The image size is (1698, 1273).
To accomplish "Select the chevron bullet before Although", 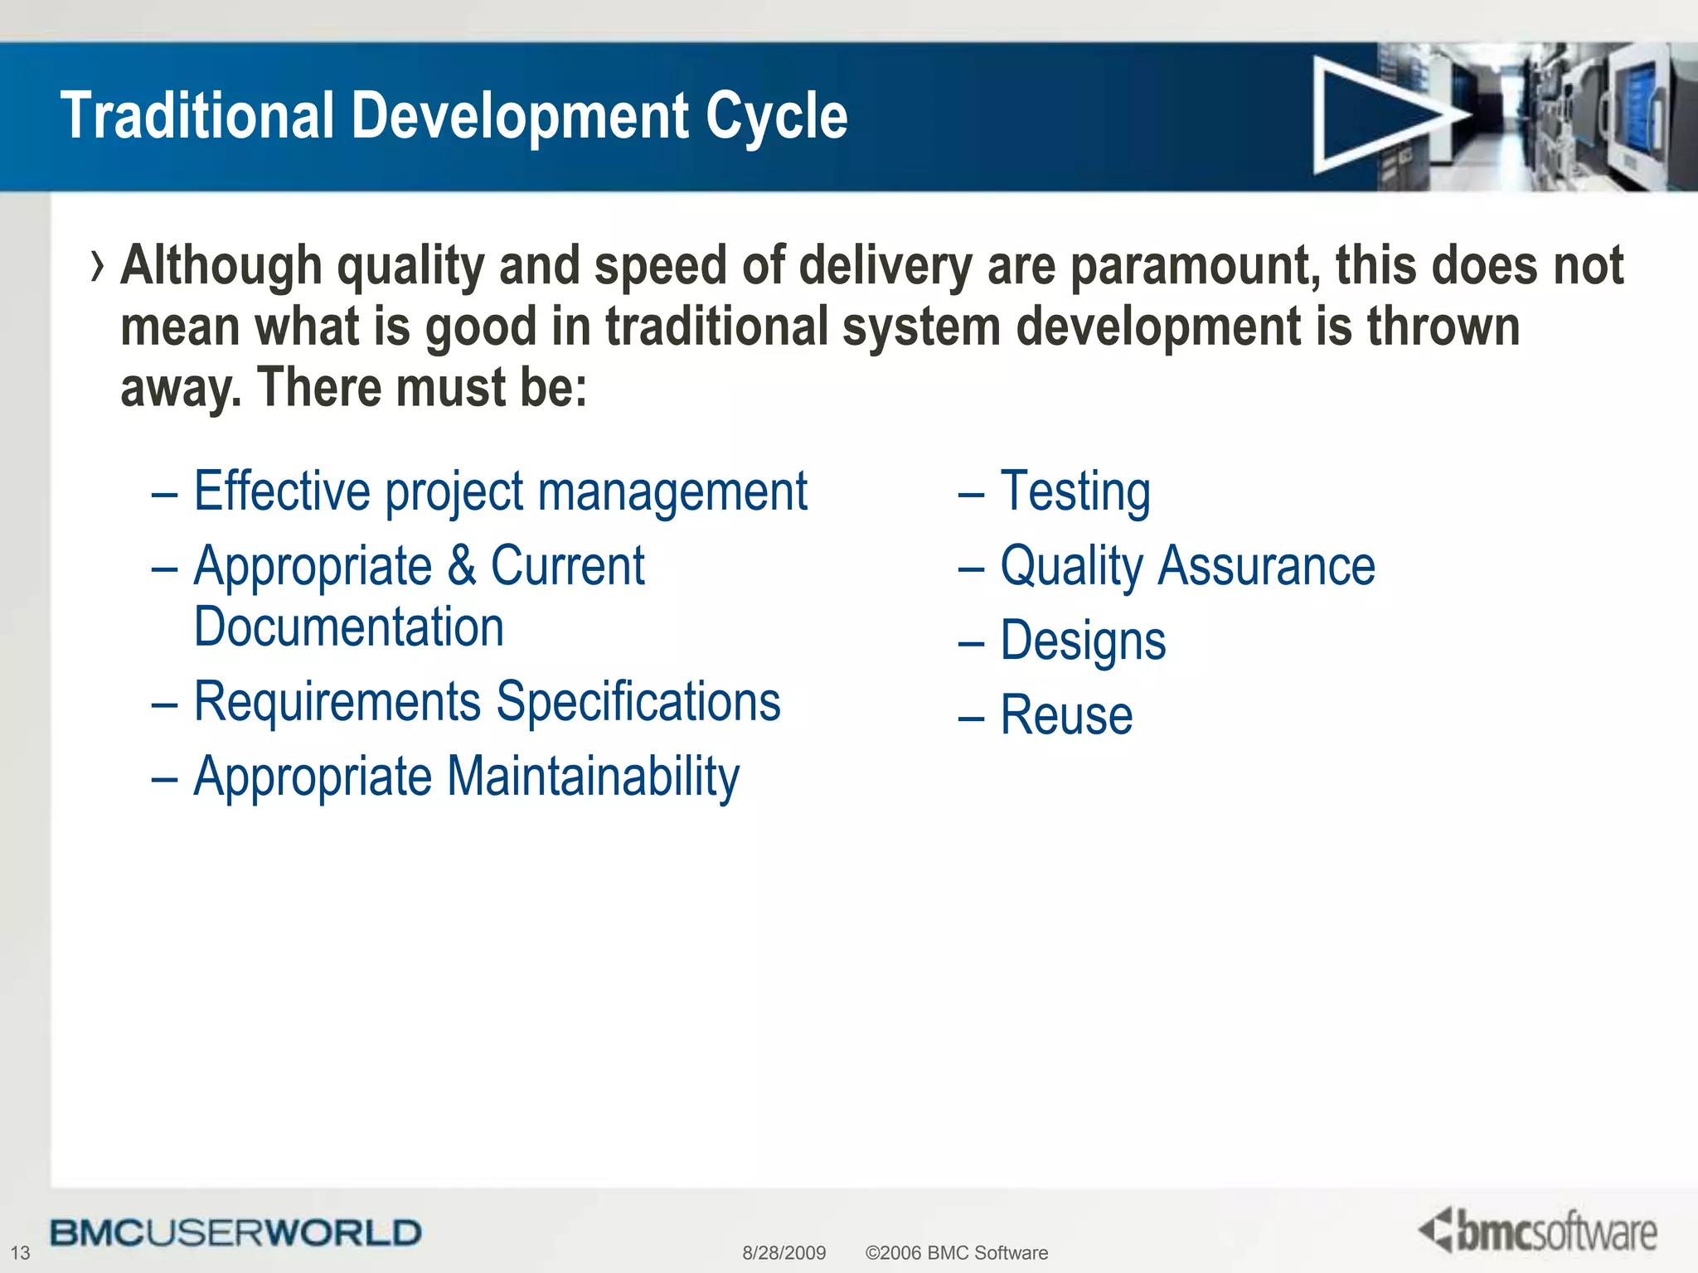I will click(98, 267).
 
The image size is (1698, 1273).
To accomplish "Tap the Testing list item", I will click(1075, 492).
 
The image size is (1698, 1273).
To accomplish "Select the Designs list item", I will click(1083, 641).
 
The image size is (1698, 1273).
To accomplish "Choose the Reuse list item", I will click(1066, 716).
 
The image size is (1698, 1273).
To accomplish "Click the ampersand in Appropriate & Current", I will click(462, 567).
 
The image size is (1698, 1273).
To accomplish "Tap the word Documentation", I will click(349, 627).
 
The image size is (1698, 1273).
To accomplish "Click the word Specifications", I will click(638, 703).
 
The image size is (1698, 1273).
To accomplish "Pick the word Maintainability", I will click(594, 777).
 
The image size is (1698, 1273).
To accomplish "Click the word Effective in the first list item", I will click(282, 492).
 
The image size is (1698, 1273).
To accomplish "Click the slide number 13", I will click(20, 1252).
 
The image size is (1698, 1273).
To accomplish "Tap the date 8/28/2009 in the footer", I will click(784, 1252).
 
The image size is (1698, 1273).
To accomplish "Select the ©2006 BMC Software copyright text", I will click(956, 1252).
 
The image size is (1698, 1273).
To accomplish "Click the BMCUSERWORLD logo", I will click(235, 1232).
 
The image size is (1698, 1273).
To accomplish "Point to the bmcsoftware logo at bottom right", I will click(1539, 1232).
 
